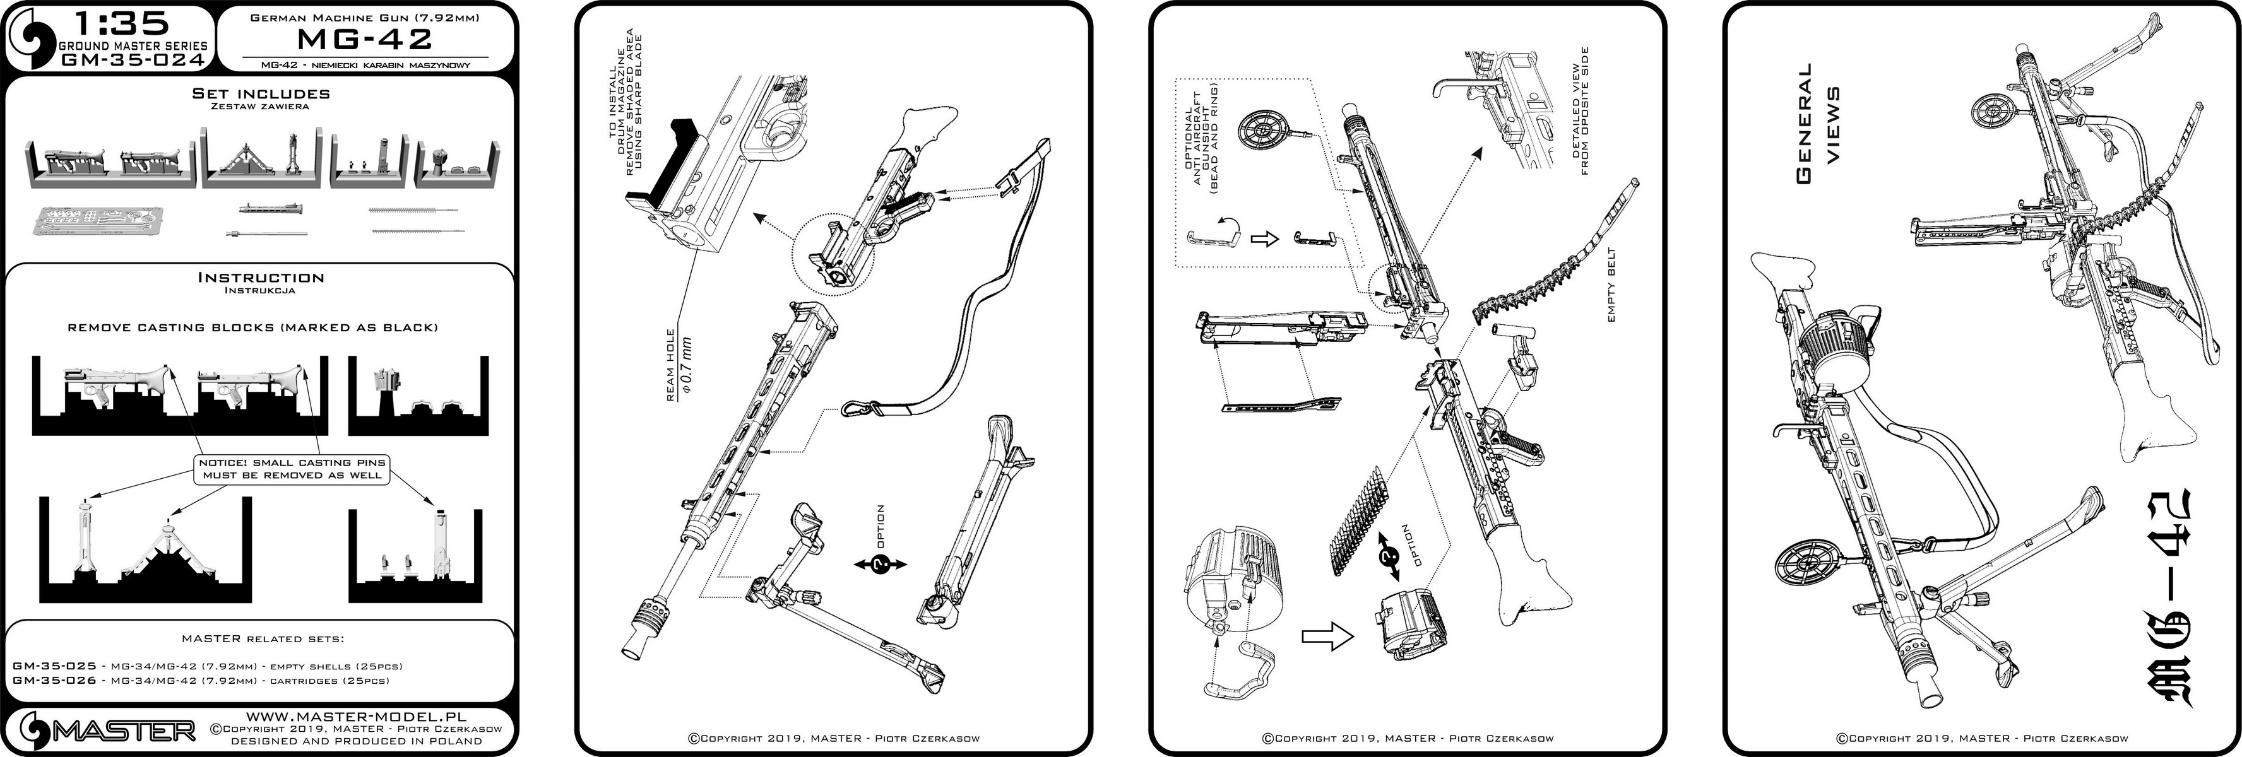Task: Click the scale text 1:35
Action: tap(108, 23)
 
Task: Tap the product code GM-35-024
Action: tap(133, 60)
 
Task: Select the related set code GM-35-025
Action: tap(54, 666)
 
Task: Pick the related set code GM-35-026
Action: tap(54, 681)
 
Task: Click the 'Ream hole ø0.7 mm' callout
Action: tap(679, 370)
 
